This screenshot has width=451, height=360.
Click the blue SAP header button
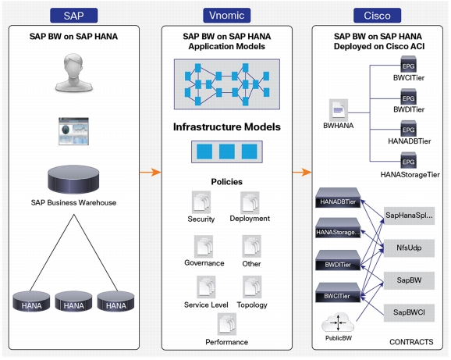(x=73, y=16)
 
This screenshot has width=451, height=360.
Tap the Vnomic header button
(x=226, y=16)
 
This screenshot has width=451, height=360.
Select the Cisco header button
(x=377, y=16)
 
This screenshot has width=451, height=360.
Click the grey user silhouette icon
(x=73, y=73)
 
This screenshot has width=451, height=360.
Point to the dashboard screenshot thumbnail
(x=73, y=131)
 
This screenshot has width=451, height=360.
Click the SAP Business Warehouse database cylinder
(x=73, y=179)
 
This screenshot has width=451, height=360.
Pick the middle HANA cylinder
(x=73, y=301)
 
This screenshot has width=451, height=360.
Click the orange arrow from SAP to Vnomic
(x=151, y=172)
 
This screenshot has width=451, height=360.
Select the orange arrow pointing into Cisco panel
(x=302, y=172)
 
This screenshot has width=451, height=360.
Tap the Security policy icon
(x=201, y=202)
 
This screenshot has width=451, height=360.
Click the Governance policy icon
(x=204, y=246)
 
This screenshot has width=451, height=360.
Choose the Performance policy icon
(x=227, y=324)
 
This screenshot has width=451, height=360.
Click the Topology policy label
(x=252, y=305)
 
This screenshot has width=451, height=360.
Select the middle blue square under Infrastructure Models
(x=226, y=151)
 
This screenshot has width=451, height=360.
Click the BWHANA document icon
(x=339, y=110)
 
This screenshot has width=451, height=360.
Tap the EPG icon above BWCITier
(x=408, y=65)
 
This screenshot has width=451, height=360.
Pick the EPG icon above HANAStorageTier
(x=408, y=161)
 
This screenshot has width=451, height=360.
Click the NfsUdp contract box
(x=409, y=248)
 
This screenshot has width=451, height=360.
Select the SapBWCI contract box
(x=409, y=312)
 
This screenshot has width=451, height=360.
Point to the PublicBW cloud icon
(x=339, y=323)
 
